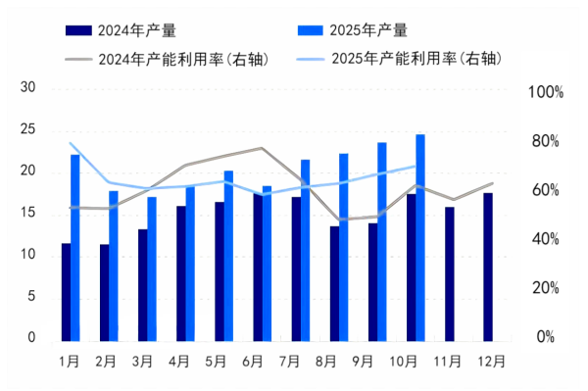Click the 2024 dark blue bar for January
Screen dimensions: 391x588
tap(66, 292)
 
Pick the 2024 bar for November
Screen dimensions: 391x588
tap(450, 273)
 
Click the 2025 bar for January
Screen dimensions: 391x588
tap(75, 248)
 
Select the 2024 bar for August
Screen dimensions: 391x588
tap(335, 283)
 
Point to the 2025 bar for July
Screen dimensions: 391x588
tap(306, 250)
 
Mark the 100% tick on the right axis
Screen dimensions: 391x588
tap(546, 93)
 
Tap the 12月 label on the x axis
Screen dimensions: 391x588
tap(491, 361)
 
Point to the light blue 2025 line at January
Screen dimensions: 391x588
tap(71, 144)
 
